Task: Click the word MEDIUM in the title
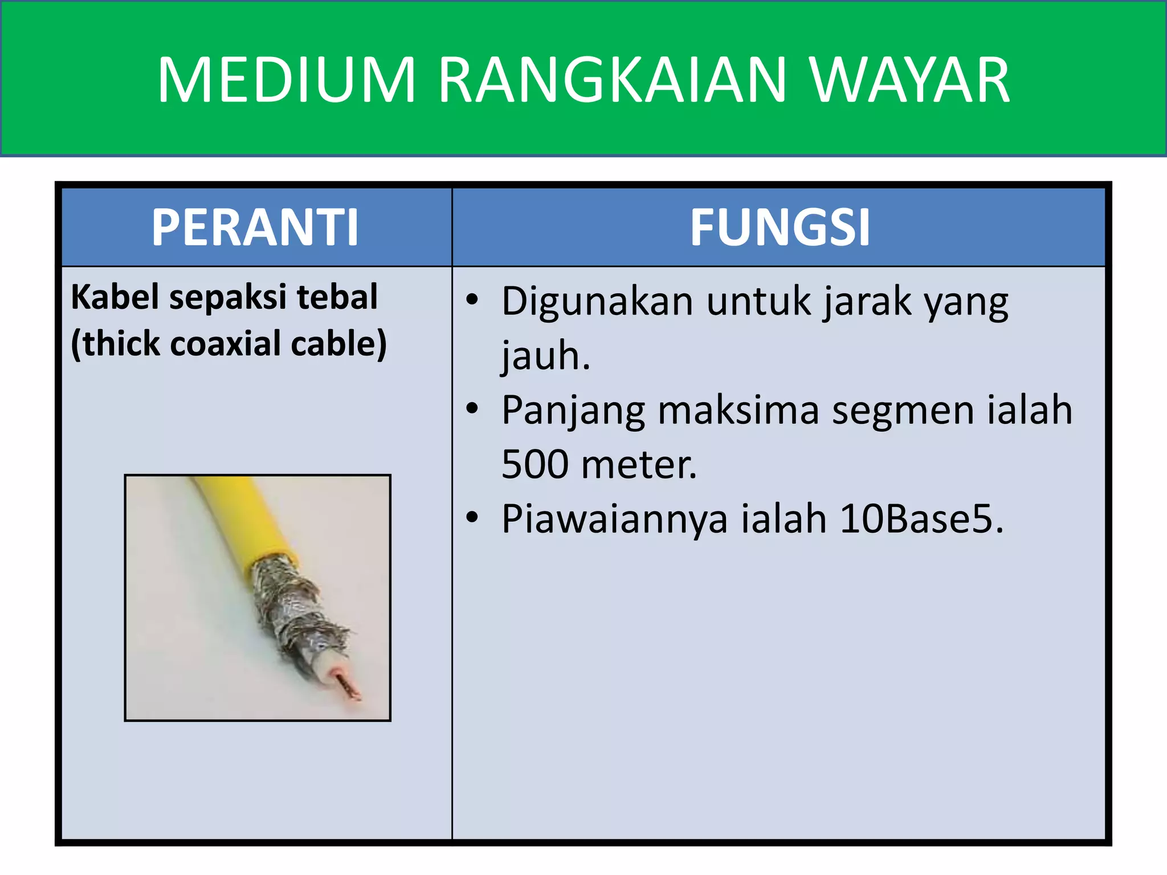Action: pos(286,80)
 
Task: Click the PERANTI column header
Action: pos(255,227)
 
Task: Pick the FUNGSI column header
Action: pos(780,227)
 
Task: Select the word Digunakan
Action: pos(597,301)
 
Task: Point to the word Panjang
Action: pos(573,410)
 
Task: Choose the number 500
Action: pos(534,464)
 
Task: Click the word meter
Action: pos(639,464)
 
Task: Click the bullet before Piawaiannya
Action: pos(472,517)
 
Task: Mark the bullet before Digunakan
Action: pos(472,300)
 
